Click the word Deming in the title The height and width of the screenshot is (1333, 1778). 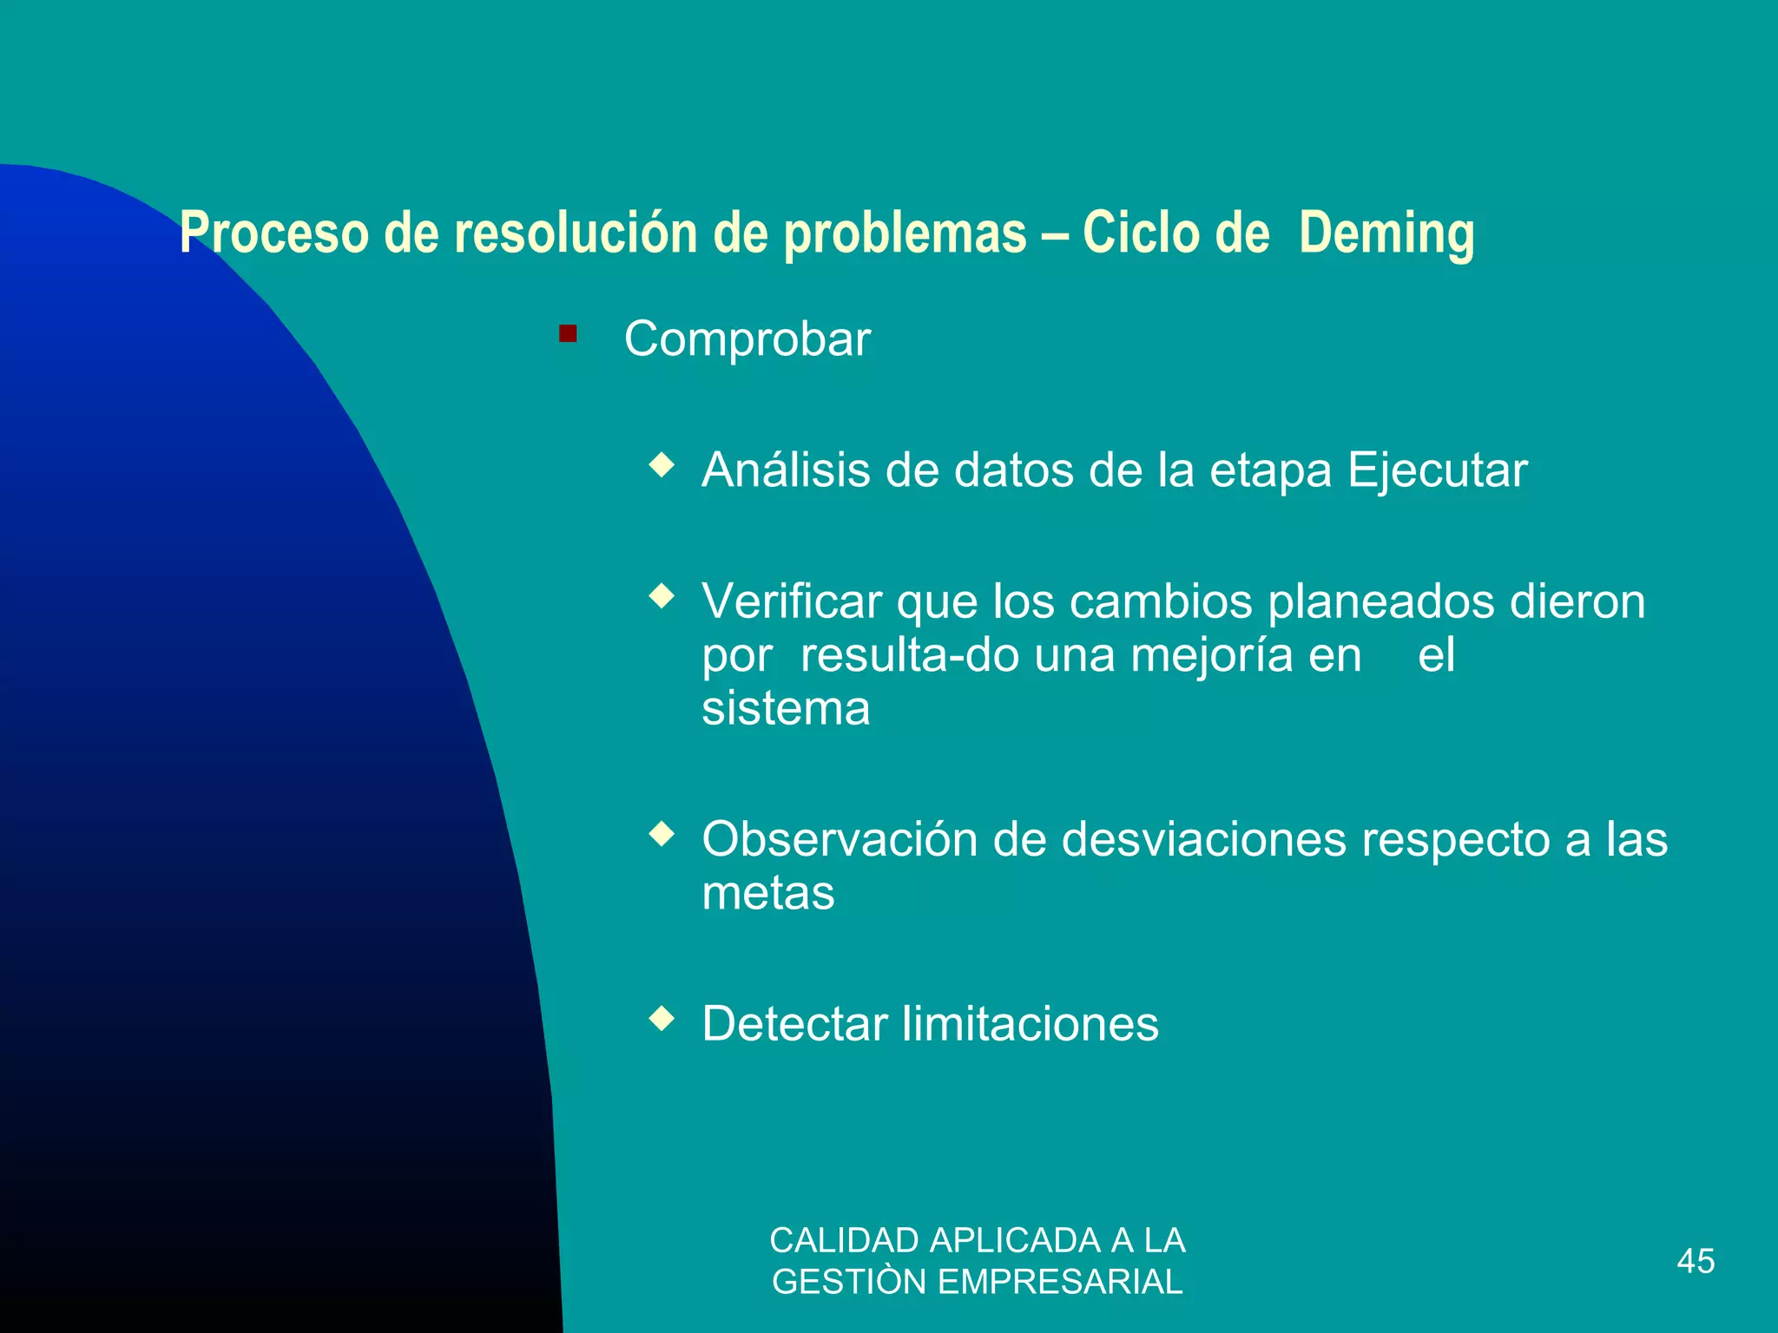[x=1386, y=234]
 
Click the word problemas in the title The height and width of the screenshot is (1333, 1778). [x=905, y=234]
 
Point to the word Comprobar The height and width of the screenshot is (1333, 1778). [x=747, y=338]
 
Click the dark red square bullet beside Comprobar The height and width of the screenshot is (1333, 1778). [x=568, y=333]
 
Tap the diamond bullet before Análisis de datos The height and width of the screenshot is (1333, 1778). [x=662, y=465]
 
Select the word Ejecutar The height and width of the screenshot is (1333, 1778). [x=1437, y=471]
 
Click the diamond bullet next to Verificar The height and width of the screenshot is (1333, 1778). [x=662, y=596]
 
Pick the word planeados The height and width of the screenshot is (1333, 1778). [x=1380, y=602]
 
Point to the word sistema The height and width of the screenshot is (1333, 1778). [x=786, y=709]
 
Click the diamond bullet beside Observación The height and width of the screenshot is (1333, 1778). [x=662, y=834]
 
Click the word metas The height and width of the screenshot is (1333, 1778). [x=767, y=894]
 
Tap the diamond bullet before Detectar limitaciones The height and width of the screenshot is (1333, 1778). [x=662, y=1018]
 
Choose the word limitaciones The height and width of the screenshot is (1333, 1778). [x=1030, y=1024]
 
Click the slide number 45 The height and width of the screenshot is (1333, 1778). [x=1696, y=1261]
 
